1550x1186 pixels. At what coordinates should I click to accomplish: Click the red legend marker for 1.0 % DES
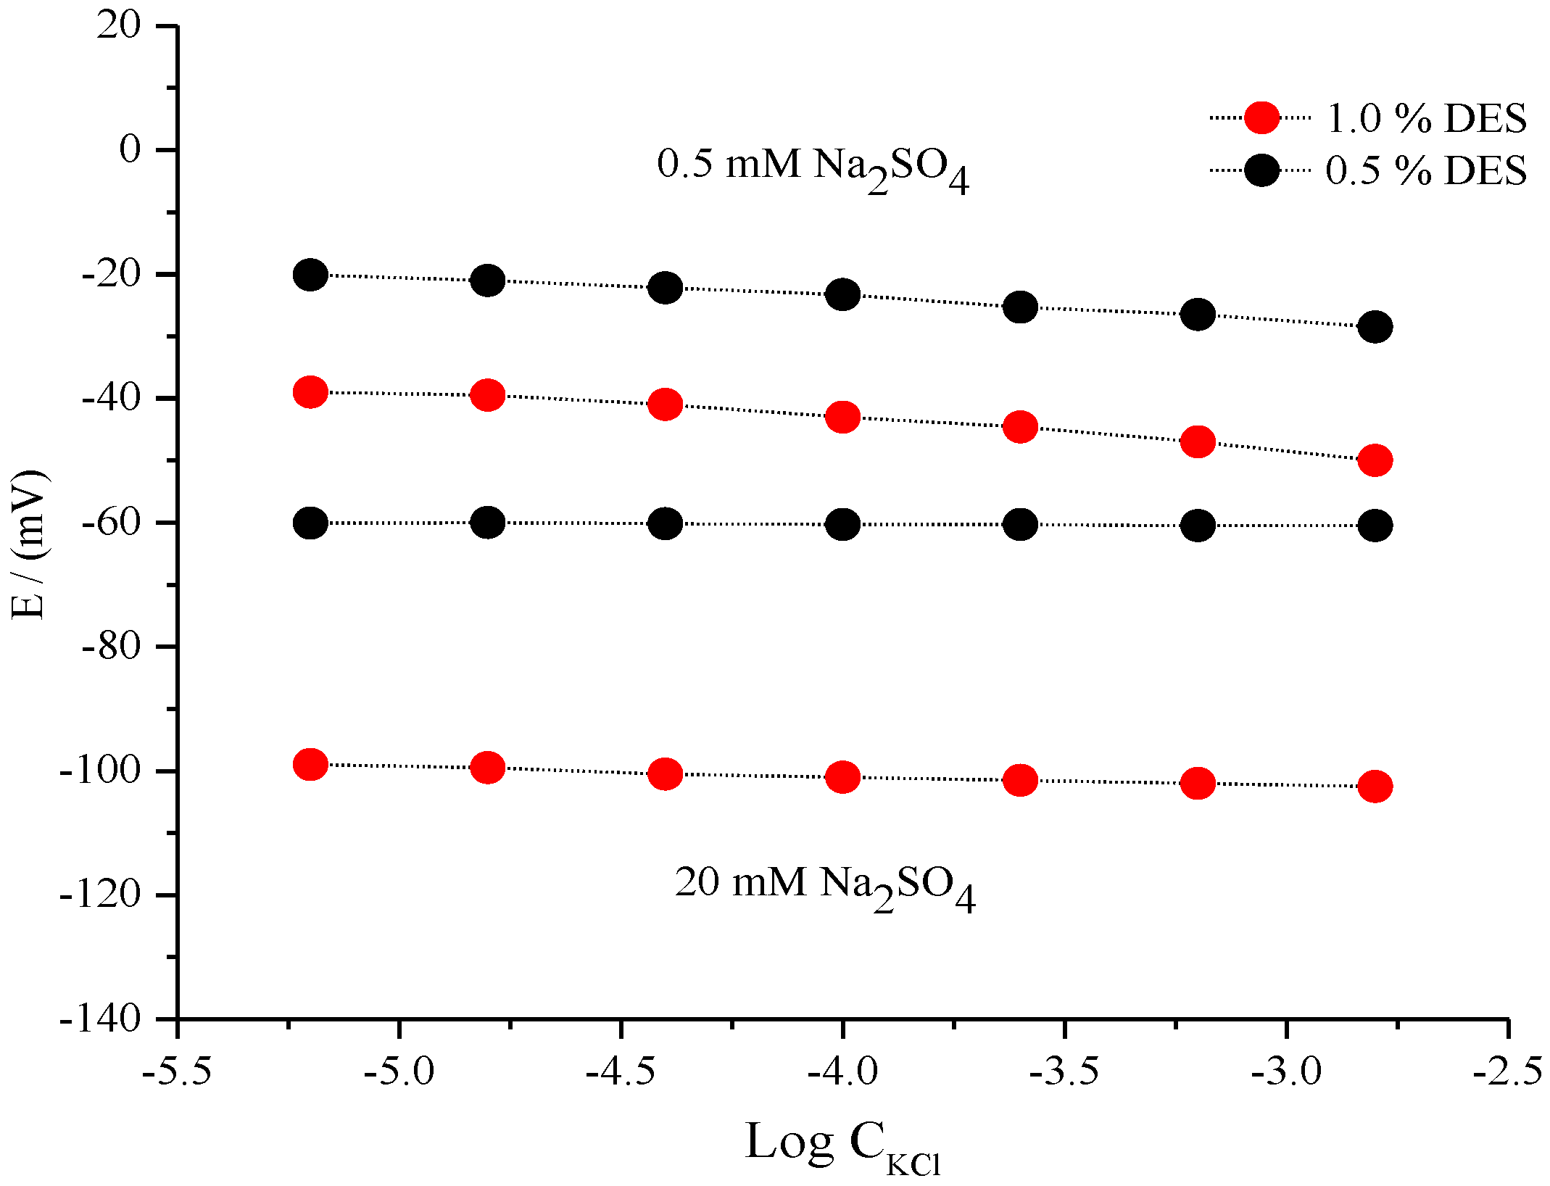1261,117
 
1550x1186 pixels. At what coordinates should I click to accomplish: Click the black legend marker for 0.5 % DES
1261,170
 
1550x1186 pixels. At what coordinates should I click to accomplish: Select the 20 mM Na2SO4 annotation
824,885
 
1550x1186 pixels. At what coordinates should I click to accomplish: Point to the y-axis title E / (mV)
30,544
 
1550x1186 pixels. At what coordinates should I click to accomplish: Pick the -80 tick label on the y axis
111,646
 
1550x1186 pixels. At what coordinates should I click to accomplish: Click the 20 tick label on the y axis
119,26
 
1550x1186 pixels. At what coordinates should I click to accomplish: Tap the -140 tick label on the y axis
100,1019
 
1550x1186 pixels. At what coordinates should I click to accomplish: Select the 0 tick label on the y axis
130,150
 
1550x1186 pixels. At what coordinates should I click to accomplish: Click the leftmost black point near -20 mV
310,275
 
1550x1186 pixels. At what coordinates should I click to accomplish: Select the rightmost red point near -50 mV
1375,460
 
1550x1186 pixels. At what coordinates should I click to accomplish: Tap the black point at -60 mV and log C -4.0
842,524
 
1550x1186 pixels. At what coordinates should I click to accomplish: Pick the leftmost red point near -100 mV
310,764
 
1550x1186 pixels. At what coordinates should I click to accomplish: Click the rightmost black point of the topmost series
1375,326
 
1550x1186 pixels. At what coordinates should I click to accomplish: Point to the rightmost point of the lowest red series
1375,787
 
